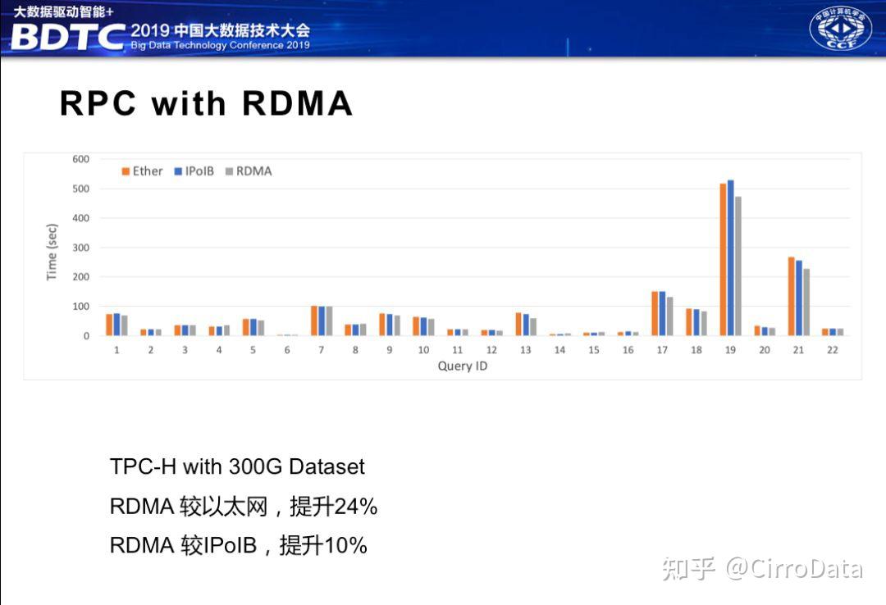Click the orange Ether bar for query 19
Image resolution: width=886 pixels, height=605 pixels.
coord(723,259)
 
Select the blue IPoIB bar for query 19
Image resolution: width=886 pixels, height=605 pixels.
coord(730,257)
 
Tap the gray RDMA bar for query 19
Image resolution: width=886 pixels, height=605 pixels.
coord(738,266)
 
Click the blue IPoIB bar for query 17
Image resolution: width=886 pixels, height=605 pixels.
coord(662,313)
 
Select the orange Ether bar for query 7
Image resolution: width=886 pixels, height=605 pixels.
coord(313,321)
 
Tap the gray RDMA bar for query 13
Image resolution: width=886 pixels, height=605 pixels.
coord(533,326)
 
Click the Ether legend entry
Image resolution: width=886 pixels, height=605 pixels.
coord(142,171)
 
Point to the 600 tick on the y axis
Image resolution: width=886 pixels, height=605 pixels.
coord(80,159)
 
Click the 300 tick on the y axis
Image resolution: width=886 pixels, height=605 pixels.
coord(80,248)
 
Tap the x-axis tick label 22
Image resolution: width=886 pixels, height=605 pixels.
coord(833,350)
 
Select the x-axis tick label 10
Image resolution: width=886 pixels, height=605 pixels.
coord(423,350)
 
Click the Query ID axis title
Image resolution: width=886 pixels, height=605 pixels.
coord(463,366)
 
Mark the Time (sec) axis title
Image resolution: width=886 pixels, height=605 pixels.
coord(52,252)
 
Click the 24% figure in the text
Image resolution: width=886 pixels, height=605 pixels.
coord(356,507)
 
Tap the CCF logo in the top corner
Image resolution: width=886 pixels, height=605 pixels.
coord(841,28)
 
